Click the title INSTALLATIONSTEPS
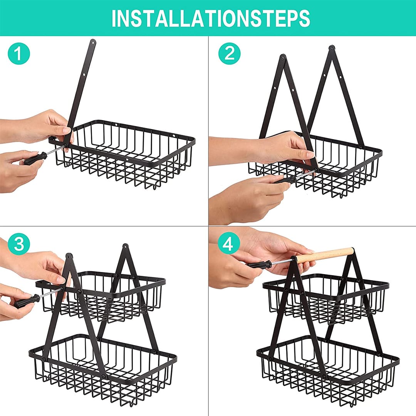point(211,18)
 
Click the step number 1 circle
point(18,53)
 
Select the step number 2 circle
point(229,53)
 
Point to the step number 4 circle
point(229,243)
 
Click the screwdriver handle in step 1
point(35,158)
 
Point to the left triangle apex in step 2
point(283,57)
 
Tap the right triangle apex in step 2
point(331,48)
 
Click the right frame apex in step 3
point(126,247)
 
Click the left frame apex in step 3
point(69,256)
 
